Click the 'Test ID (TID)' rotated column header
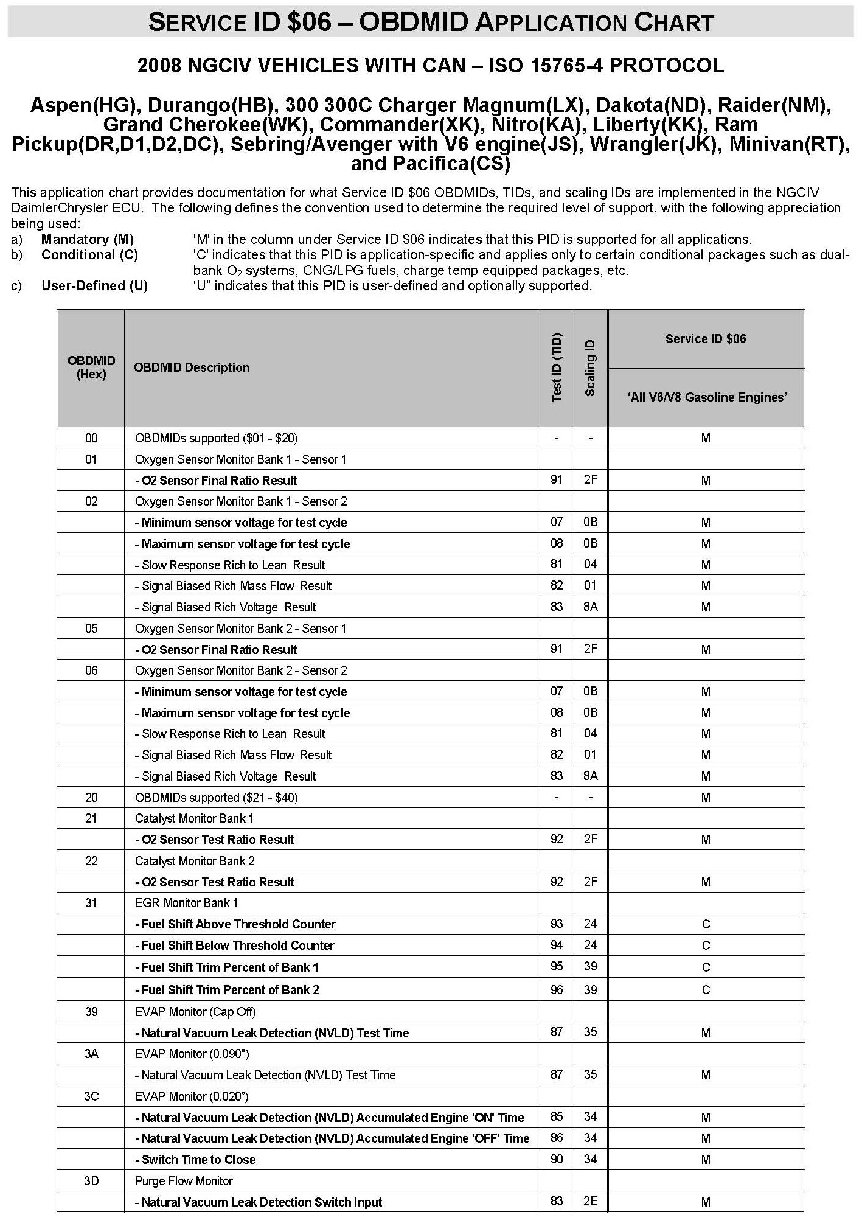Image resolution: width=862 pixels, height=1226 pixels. pyautogui.click(x=557, y=367)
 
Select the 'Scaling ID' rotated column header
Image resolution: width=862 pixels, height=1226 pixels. pyautogui.click(x=590, y=367)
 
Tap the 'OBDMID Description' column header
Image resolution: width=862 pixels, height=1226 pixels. pyautogui.click(x=192, y=367)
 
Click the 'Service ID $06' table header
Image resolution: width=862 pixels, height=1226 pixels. pyautogui.click(x=705, y=339)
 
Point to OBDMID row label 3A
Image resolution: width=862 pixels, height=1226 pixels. pyautogui.click(x=91, y=1054)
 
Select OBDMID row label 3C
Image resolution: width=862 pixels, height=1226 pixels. pyautogui.click(x=91, y=1096)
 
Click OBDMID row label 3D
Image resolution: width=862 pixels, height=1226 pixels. pyautogui.click(x=91, y=1181)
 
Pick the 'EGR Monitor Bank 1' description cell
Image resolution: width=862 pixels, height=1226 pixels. pyautogui.click(x=187, y=903)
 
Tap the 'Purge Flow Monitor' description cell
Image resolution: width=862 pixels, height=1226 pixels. pyautogui.click(x=184, y=1181)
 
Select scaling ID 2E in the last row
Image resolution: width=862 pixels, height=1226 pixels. pyautogui.click(x=590, y=1202)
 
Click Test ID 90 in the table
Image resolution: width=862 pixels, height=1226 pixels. pyautogui.click(x=557, y=1160)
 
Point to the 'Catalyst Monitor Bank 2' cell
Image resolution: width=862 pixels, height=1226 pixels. pyautogui.click(x=195, y=861)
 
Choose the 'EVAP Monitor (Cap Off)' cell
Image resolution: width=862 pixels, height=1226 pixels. pyautogui.click(x=195, y=1012)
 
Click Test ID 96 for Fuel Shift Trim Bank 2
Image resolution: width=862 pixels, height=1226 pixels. pyautogui.click(x=557, y=990)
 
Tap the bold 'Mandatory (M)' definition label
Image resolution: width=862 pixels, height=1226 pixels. pyautogui.click(x=88, y=239)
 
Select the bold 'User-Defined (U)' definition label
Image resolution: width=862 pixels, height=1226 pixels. pyautogui.click(x=95, y=285)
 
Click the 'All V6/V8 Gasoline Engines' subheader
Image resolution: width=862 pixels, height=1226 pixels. pyautogui.click(x=706, y=397)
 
